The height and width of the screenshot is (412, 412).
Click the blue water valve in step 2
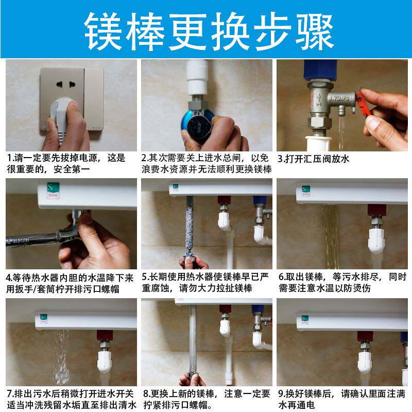coord(198,121)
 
